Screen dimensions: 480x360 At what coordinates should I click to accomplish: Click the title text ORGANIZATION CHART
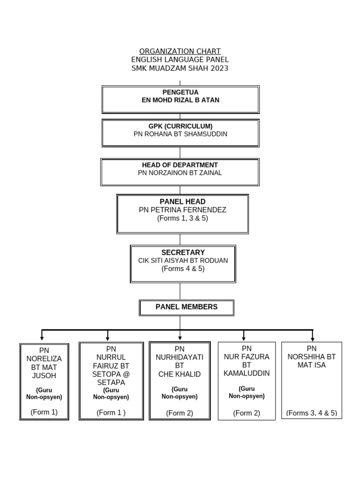pos(180,51)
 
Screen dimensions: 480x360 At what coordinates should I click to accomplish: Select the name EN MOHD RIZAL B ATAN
pos(180,100)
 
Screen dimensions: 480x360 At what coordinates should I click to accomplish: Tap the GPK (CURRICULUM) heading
pos(180,126)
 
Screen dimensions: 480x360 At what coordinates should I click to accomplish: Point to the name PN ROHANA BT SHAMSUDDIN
pos(180,134)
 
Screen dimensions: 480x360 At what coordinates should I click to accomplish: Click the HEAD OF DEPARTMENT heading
pos(180,165)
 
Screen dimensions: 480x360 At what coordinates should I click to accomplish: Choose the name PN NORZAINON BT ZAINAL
pos(180,173)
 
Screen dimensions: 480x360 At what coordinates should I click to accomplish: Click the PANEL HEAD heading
pos(182,202)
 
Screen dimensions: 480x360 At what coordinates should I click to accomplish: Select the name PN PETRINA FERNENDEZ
pos(182,210)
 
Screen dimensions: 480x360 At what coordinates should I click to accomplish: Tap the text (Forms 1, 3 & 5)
pos(182,218)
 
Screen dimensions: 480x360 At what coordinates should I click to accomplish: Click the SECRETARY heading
pos(183,253)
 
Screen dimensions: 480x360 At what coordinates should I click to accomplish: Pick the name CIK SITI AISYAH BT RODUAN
pos(183,261)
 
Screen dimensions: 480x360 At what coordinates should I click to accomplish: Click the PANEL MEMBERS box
pos(187,307)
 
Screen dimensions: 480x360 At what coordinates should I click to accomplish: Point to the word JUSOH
pos(44,376)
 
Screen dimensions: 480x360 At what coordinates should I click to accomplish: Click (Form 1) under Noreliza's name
pos(44,412)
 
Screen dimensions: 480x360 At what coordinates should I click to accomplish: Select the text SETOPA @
pos(111,374)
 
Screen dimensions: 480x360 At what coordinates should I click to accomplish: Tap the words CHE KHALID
pos(180,374)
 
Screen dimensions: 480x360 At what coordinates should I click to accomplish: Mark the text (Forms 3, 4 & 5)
pos(312,413)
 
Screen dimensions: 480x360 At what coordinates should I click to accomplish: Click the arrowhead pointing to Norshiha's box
pos(312,338)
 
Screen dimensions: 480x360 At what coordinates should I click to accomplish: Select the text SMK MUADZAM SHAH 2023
pos(180,68)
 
